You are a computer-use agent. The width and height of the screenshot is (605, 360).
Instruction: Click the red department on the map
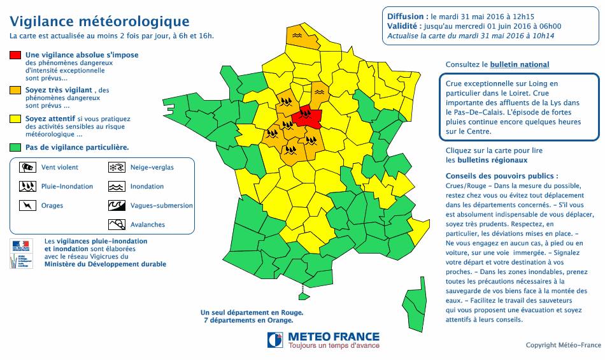pyautogui.click(x=310, y=116)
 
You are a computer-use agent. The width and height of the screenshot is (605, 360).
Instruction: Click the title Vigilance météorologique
pyautogui.click(x=99, y=23)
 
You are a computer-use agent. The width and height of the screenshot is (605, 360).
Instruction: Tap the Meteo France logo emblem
pyautogui.click(x=275, y=340)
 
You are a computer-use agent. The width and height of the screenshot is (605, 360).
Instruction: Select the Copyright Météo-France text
pyautogui.click(x=563, y=345)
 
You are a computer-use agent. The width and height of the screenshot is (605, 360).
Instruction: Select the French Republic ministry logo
pyautogui.click(x=21, y=253)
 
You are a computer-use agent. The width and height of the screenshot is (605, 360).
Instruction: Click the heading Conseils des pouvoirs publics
pyautogui.click(x=502, y=176)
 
